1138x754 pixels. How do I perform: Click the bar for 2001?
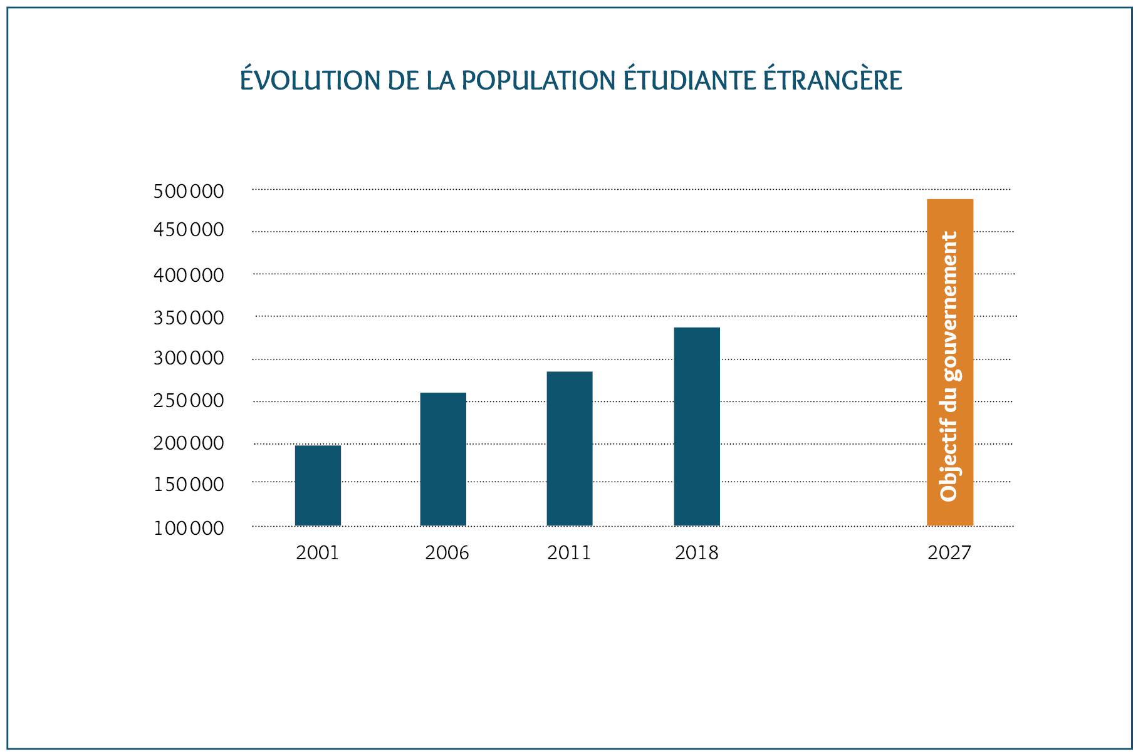(318, 485)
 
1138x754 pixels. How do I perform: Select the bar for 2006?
(443, 459)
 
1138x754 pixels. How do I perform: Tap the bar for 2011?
(570, 448)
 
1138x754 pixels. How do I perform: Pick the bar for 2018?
(697, 426)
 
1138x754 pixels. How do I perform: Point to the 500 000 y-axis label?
(189, 191)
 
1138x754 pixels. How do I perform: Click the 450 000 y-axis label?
(189, 230)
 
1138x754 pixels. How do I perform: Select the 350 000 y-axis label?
(189, 318)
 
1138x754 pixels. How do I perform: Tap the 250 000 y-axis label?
(189, 401)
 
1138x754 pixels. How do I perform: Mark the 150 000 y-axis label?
(189, 485)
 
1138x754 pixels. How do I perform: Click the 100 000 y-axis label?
(189, 529)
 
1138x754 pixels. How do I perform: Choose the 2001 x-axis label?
(318, 553)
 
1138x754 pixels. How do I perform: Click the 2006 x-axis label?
(447, 553)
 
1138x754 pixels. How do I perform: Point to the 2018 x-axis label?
(697, 553)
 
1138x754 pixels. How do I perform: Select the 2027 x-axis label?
(949, 553)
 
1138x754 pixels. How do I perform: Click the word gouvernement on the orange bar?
(950, 306)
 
